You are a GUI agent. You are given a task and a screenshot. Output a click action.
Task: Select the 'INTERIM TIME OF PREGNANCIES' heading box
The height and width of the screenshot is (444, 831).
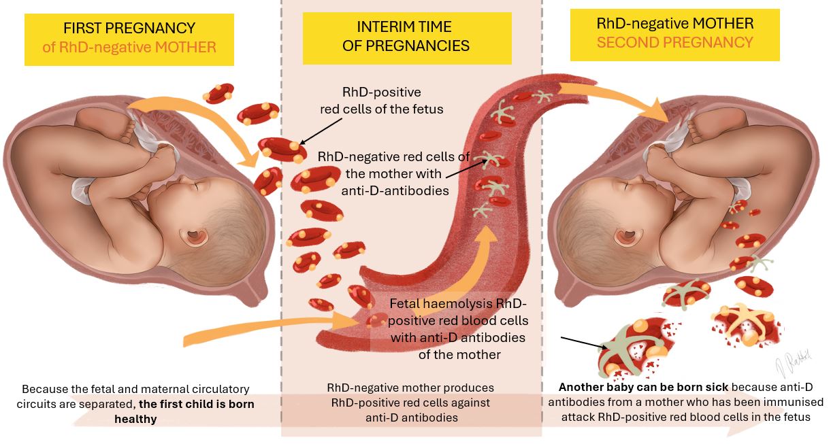click(406, 37)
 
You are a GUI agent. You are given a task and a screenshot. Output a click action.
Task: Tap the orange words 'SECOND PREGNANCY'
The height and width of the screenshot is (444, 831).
click(674, 42)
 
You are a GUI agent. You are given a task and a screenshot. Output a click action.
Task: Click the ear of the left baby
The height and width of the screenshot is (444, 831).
click(196, 236)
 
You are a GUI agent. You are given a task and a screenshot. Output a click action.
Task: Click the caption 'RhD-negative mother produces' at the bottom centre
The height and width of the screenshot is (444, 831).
click(410, 388)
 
